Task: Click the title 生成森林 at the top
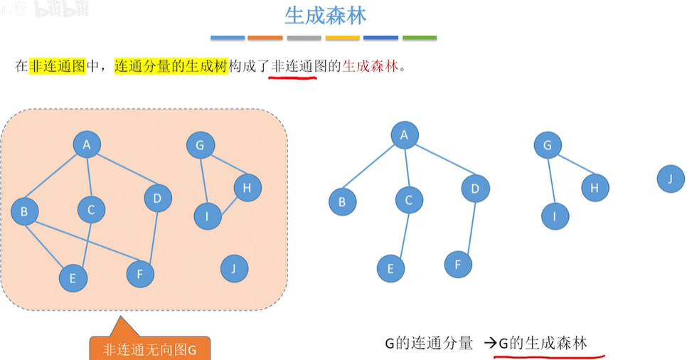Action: [x=325, y=16]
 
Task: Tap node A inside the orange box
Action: [x=87, y=146]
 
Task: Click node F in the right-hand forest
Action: [x=458, y=265]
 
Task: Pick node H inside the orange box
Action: [x=247, y=188]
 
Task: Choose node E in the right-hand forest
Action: [x=390, y=269]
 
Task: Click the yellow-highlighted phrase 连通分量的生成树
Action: [x=171, y=67]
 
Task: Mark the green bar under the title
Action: [x=420, y=38]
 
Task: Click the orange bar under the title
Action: [x=265, y=38]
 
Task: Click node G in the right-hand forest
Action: [x=547, y=147]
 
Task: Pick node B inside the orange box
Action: [x=25, y=211]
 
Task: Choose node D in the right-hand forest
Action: [x=474, y=189]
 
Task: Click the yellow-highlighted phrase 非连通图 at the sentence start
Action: [x=57, y=67]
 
